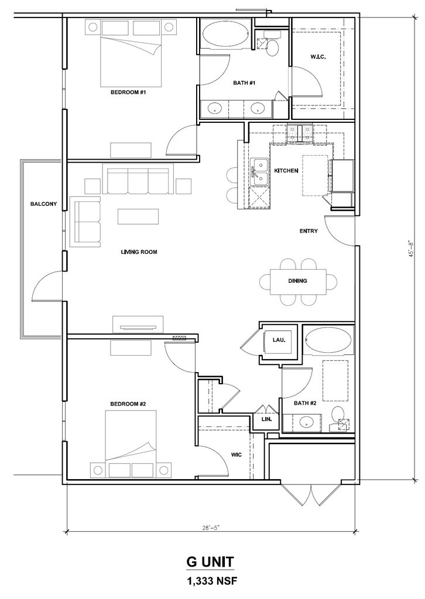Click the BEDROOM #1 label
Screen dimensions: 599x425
pos(128,92)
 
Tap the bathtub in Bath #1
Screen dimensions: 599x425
pos(225,35)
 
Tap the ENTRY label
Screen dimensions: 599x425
pos(309,231)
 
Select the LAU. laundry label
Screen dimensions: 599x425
pos(275,339)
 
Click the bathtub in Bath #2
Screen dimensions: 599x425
pos(329,341)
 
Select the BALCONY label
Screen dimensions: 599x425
pos(44,204)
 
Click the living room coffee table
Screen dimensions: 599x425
pos(138,216)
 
